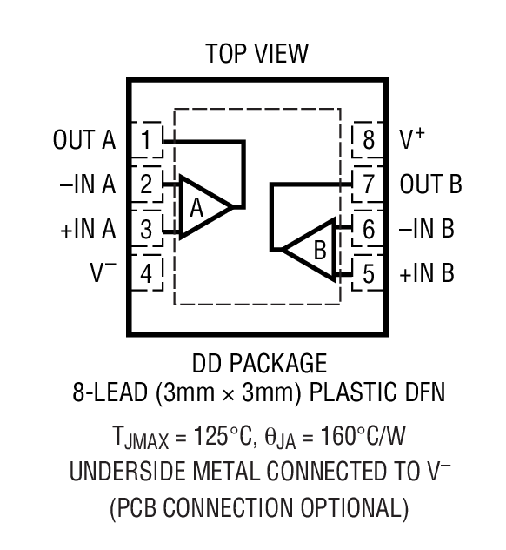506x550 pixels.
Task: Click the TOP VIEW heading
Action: tap(256, 54)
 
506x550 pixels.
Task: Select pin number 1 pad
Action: tap(147, 140)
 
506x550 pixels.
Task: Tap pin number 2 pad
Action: tap(147, 184)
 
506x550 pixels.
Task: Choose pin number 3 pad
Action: tap(147, 229)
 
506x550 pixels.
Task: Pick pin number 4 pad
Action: tap(147, 273)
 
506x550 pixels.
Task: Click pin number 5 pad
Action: tap(368, 273)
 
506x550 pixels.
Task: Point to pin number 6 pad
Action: tap(368, 229)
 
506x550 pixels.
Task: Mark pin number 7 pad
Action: tap(368, 184)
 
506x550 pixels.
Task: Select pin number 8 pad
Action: tap(368, 140)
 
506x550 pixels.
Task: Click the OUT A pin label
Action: tap(84, 139)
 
